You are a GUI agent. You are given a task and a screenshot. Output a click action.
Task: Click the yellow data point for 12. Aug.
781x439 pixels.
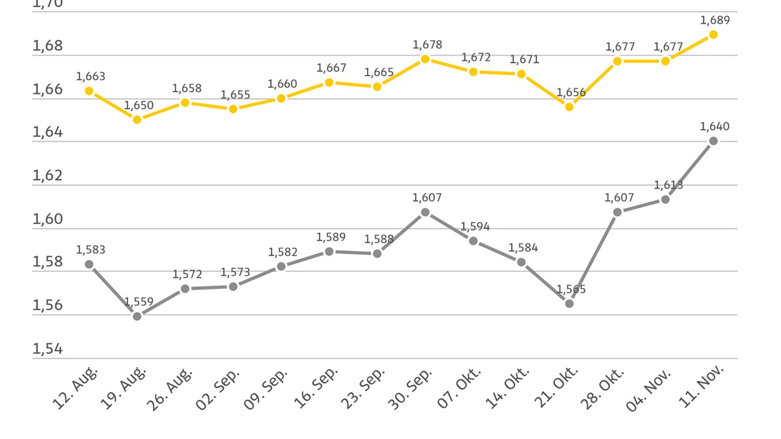tap(89, 91)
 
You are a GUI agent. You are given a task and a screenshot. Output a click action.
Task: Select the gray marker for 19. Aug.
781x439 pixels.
tap(137, 316)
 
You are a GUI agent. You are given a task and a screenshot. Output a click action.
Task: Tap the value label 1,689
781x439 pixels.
tap(715, 20)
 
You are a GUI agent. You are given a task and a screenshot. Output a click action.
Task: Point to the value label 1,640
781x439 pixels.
tap(715, 126)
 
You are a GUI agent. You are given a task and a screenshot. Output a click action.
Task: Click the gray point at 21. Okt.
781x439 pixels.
tap(569, 303)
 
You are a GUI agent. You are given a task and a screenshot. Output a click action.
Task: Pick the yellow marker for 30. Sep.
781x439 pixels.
tap(425, 59)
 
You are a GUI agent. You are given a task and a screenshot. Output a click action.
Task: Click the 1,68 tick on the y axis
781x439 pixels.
tap(48, 46)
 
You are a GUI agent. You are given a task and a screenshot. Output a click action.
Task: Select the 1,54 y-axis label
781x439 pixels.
tap(48, 349)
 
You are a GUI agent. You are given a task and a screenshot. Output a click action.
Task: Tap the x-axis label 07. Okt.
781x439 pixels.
tap(459, 388)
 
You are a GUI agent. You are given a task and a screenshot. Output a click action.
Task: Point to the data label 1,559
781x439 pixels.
tap(139, 302)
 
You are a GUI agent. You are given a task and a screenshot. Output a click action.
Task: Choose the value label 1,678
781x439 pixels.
tap(427, 45)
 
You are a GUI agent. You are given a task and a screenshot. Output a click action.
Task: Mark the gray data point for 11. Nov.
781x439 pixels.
tap(713, 141)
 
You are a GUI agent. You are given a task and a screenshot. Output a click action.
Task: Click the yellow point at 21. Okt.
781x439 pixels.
tap(569, 107)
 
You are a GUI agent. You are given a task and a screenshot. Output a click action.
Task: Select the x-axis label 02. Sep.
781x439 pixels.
tap(218, 388)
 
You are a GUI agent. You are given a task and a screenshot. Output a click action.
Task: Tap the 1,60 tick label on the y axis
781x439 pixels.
tap(48, 219)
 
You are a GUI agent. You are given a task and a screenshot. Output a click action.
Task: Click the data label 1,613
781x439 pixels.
tap(668, 185)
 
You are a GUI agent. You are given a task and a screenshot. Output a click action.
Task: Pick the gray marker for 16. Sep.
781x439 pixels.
tap(329, 252)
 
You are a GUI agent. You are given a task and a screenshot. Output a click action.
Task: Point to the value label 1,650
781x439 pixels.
tap(139, 105)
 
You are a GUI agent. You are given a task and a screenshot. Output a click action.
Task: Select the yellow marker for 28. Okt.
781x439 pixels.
tap(618, 61)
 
